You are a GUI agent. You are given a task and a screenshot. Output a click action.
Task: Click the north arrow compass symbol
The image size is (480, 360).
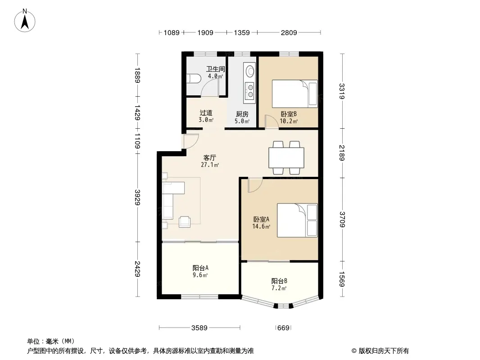coord(25,21)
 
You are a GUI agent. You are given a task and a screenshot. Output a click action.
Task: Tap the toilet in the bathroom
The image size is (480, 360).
coord(193,79)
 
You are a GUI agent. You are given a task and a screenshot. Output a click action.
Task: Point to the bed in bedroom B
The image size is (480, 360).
coord(295,94)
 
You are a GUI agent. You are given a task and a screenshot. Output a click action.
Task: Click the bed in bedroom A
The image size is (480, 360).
coord(297,220)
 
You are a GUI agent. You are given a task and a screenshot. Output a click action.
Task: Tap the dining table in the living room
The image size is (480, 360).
coord(286,157)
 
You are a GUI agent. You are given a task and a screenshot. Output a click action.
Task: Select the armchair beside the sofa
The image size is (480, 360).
coord(185,221)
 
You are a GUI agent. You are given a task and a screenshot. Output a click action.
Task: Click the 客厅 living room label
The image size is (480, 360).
coord(210,157)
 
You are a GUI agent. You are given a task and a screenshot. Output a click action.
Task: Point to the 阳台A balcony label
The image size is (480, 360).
coord(200,268)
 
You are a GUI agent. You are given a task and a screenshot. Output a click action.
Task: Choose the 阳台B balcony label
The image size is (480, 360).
coord(279,281)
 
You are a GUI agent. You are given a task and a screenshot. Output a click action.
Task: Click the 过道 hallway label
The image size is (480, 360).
coord(206,113)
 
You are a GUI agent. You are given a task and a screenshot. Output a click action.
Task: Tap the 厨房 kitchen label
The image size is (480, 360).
coord(242,114)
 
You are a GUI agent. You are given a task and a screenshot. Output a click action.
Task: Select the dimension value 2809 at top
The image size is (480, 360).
coord(289,32)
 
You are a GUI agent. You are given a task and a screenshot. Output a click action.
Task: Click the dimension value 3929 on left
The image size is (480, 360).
coord(137,198)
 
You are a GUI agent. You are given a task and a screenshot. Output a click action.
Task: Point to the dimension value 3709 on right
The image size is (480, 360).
coord(342,220)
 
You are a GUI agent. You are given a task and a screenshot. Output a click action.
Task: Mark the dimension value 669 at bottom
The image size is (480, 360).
coord(283,328)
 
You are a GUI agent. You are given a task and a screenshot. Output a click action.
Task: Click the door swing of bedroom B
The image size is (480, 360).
coord(272,121)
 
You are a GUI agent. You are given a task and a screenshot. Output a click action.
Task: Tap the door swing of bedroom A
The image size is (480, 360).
coord(255,185)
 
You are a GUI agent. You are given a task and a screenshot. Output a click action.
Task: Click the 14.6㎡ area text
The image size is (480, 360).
coord(261,227)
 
